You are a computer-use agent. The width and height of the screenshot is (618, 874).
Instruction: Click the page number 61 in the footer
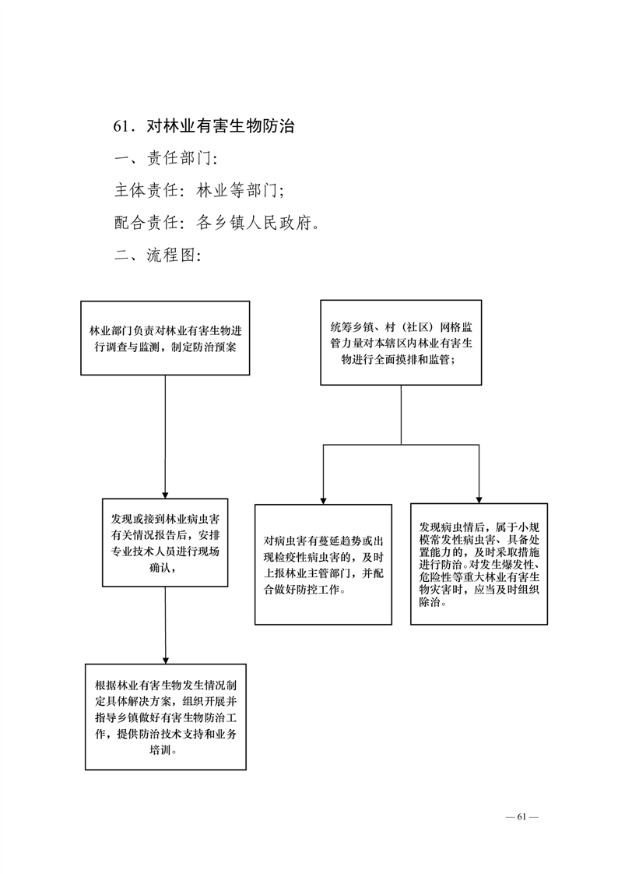click(x=521, y=817)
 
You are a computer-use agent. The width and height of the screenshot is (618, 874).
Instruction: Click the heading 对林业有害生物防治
click(x=220, y=126)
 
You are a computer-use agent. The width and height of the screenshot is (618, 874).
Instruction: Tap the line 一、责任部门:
click(x=166, y=158)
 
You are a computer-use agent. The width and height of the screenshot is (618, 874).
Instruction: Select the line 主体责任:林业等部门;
click(x=199, y=191)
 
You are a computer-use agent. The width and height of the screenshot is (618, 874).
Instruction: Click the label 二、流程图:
click(x=157, y=256)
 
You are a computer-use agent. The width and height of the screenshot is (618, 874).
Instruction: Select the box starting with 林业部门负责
click(x=165, y=338)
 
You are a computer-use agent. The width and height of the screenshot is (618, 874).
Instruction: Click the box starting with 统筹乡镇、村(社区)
click(x=401, y=342)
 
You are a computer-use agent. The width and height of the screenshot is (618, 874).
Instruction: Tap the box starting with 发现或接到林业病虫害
click(x=165, y=542)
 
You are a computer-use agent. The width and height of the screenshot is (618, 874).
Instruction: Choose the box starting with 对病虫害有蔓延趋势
click(x=324, y=565)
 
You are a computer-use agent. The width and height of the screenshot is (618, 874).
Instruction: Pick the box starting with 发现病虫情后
click(x=479, y=563)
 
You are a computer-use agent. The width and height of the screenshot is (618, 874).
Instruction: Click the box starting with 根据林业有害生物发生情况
click(x=165, y=717)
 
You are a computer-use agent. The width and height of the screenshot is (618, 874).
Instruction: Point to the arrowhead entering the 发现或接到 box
click(x=165, y=495)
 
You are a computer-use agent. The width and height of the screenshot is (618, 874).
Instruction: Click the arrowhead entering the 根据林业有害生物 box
click(x=165, y=661)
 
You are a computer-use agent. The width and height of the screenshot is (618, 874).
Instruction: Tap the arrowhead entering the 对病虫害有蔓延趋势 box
click(x=324, y=501)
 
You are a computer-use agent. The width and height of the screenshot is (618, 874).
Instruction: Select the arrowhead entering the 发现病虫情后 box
click(x=479, y=500)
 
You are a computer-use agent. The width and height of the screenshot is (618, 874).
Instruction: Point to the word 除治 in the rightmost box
click(x=430, y=603)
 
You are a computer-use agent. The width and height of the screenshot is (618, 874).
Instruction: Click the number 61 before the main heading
click(x=121, y=126)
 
